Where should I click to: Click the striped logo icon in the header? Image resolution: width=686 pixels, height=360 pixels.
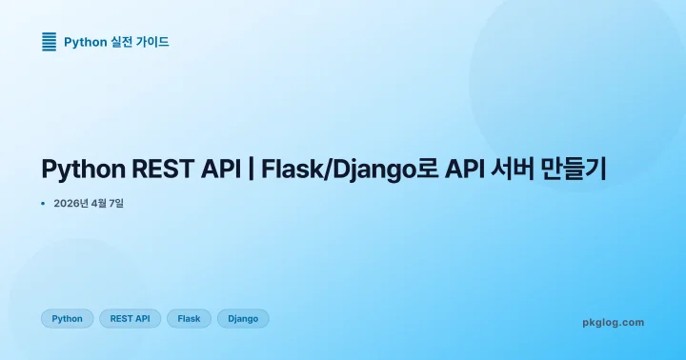click(50, 41)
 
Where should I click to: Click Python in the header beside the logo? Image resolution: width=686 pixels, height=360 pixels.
click(85, 42)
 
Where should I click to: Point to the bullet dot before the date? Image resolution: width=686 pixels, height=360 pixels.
click(43, 203)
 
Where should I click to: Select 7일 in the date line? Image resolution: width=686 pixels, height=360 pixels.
click(115, 203)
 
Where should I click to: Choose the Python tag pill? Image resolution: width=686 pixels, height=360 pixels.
click(67, 318)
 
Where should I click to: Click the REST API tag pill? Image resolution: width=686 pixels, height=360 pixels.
click(130, 318)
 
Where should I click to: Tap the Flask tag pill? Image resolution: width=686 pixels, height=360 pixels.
click(189, 318)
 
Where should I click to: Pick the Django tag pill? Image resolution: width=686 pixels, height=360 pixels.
click(243, 318)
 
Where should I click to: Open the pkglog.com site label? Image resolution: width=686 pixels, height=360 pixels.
click(613, 322)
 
